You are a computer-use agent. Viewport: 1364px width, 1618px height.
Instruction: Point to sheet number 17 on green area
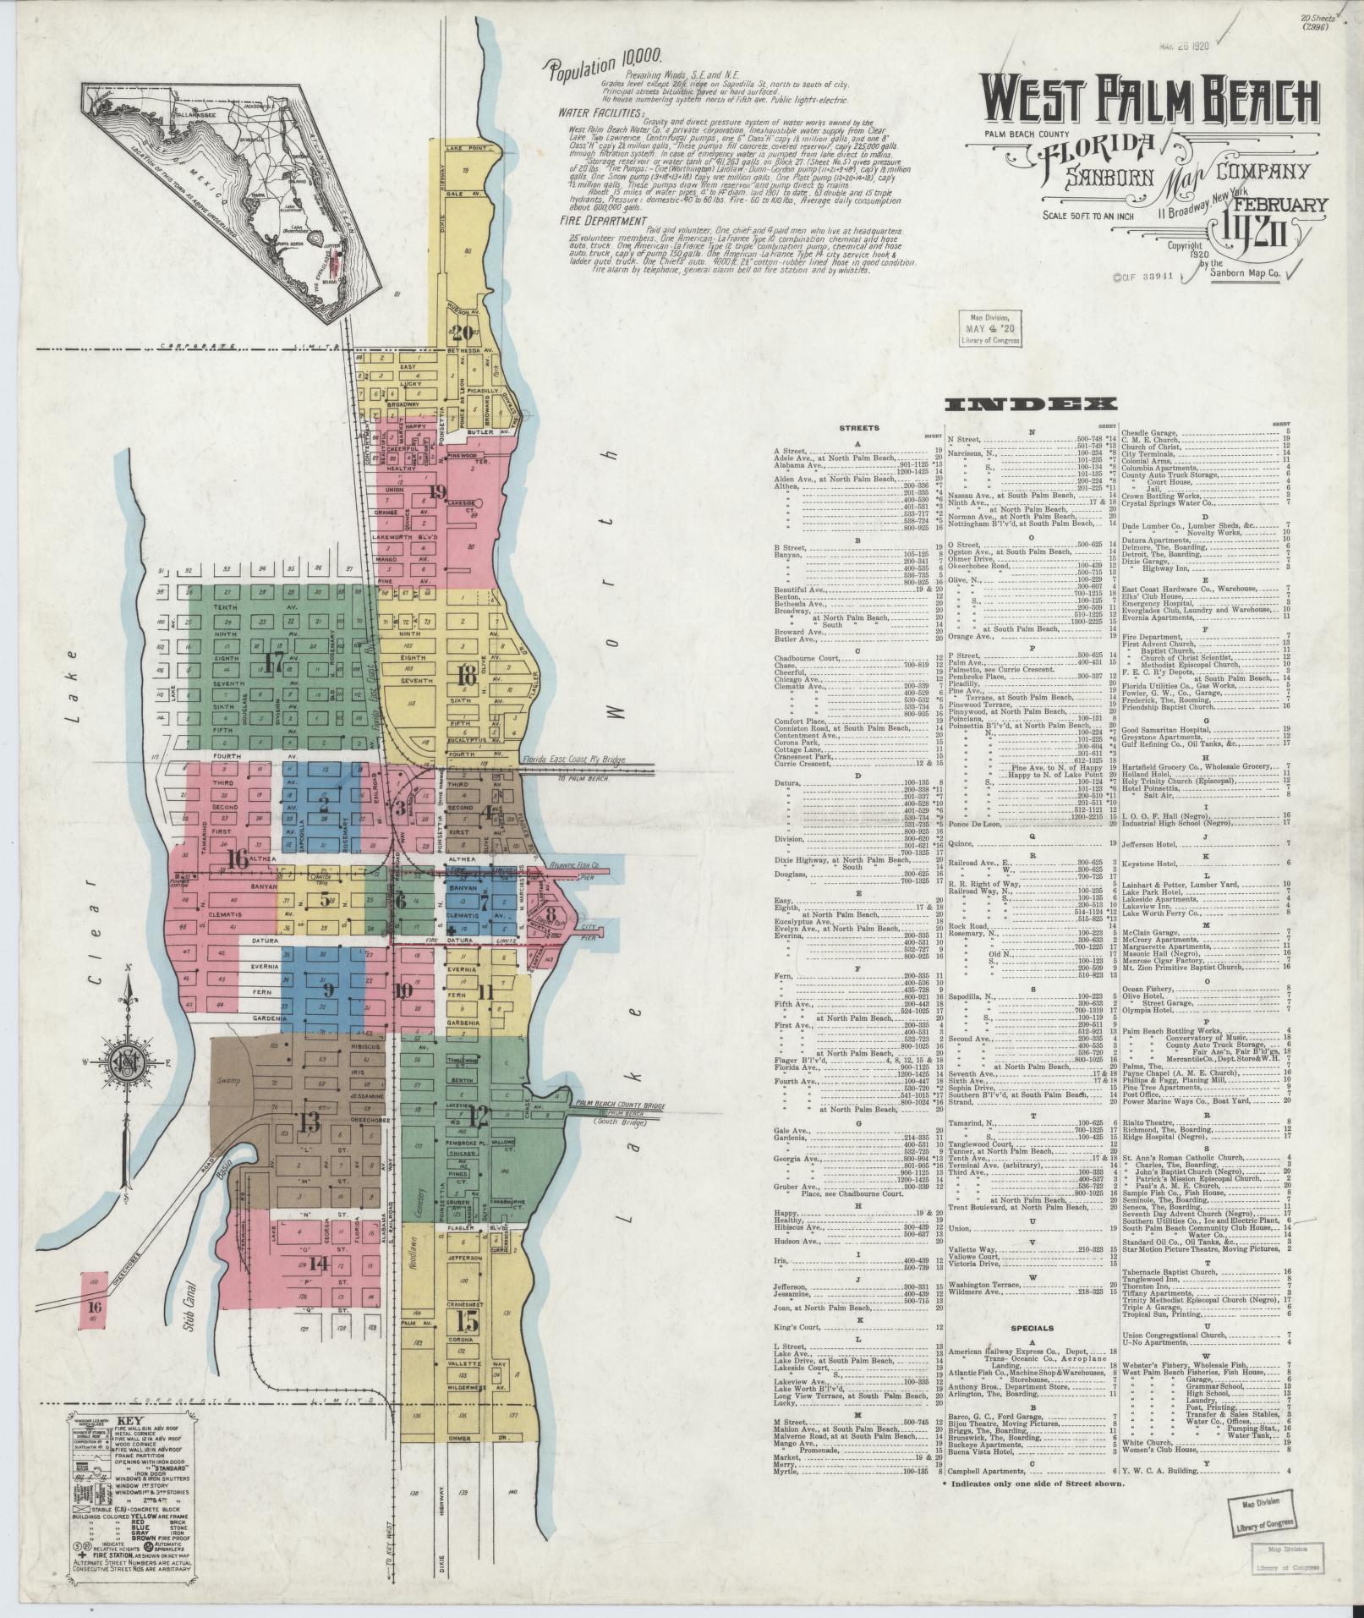(273, 661)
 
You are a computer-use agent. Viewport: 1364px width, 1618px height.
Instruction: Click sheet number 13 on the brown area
(309, 1122)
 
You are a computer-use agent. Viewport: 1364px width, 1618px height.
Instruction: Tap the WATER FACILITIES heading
(601, 112)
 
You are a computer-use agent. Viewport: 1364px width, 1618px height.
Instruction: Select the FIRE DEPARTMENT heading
(598, 219)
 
